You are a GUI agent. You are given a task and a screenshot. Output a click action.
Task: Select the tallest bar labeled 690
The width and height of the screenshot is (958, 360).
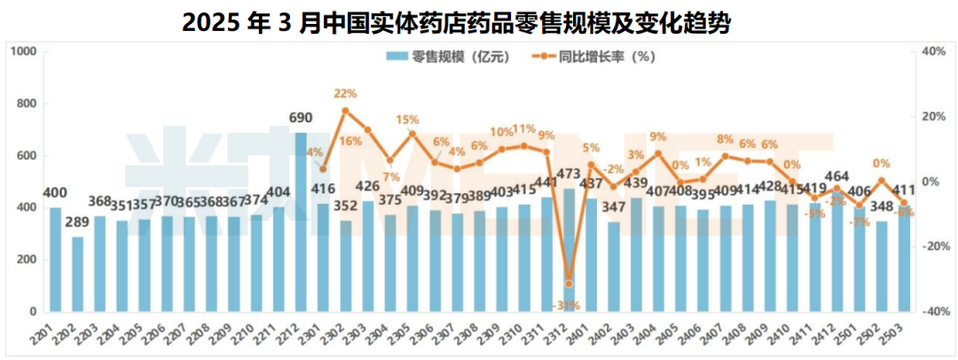tap(301, 222)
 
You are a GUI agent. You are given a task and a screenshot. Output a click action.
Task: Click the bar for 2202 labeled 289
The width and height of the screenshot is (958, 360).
tap(78, 274)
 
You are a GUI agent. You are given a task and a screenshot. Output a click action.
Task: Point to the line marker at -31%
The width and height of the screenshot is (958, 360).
tap(569, 284)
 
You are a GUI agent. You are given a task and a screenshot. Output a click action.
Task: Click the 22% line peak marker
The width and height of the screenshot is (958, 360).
tap(345, 111)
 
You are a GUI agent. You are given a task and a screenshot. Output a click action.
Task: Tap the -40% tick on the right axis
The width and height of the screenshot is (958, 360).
tap(935, 312)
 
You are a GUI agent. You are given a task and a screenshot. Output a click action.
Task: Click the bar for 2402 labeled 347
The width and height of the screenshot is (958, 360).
tap(613, 267)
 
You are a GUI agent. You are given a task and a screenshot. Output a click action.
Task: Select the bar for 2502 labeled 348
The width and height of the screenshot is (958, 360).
tap(881, 267)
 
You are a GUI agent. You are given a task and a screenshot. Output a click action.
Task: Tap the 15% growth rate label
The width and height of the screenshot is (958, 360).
tap(407, 120)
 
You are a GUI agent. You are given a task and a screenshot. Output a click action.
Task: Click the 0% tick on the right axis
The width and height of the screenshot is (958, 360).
tap(931, 182)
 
